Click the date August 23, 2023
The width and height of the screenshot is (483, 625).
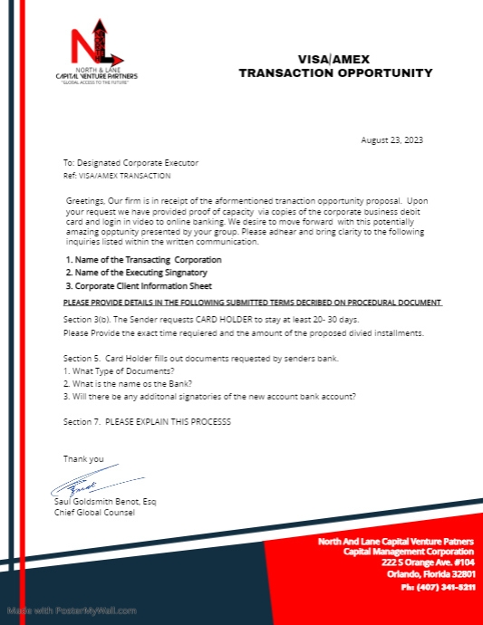391,139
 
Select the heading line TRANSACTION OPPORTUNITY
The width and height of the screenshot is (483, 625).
335,72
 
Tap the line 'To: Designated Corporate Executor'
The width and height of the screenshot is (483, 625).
130,162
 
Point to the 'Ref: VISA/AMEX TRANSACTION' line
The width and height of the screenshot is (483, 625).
115,173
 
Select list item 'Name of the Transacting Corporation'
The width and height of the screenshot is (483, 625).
142,259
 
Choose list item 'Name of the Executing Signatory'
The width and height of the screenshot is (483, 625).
136,272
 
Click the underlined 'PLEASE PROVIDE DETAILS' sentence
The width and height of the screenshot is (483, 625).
252,301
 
